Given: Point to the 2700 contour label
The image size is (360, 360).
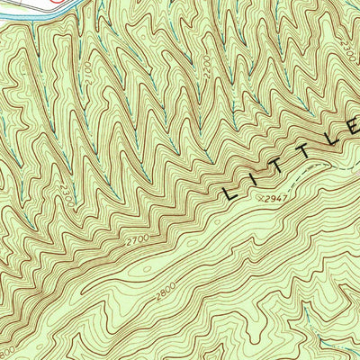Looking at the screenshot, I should pos(137,242).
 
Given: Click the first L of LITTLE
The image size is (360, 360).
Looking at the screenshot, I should pos(231,191).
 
